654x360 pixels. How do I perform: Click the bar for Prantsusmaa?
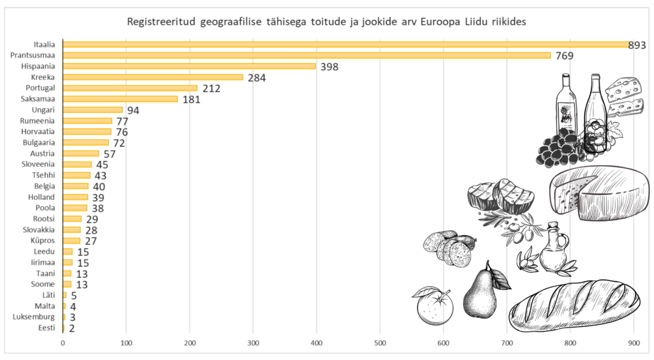(307, 56)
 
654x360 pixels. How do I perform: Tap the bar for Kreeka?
(153, 77)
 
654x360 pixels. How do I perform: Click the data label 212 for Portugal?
(211, 88)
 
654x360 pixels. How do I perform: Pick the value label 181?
(191, 99)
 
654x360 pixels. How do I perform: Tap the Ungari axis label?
(43, 110)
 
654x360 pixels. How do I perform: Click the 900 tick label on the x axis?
(634, 344)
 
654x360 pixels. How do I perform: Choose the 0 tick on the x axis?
(63, 344)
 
